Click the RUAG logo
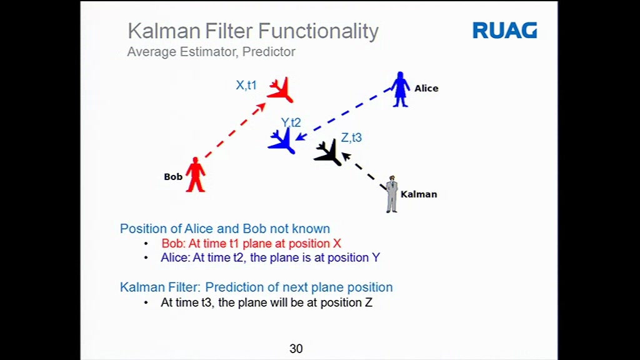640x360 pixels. [x=505, y=31]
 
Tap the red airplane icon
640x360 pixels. [x=281, y=90]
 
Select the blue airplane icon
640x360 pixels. [x=282, y=141]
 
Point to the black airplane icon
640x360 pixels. [x=328, y=152]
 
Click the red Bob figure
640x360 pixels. [x=196, y=175]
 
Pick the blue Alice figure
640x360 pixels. [x=400, y=89]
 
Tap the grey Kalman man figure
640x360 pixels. [x=392, y=194]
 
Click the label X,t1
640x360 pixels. [x=246, y=85]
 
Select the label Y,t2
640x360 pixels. [x=291, y=122]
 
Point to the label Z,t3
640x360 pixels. [x=351, y=137]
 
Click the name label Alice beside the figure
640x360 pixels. [x=426, y=88]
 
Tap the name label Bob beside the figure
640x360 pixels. [x=173, y=177]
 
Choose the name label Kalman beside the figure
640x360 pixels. [x=419, y=194]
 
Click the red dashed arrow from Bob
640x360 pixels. [x=235, y=130]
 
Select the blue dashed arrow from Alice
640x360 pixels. [x=343, y=114]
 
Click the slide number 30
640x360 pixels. [x=296, y=349]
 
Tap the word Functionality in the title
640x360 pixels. [x=318, y=31]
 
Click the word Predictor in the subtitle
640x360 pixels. [x=269, y=52]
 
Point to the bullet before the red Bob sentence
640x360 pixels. [x=146, y=244]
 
